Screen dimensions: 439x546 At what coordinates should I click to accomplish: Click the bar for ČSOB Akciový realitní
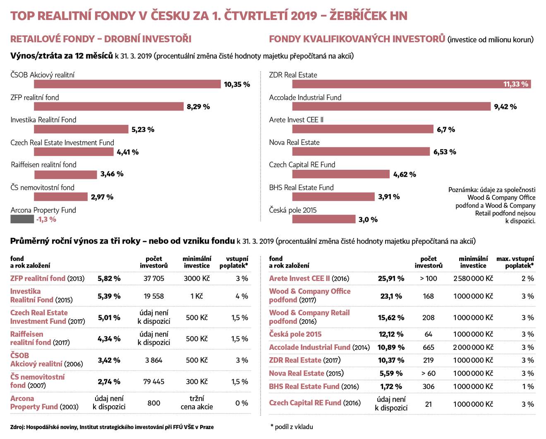point(127,84)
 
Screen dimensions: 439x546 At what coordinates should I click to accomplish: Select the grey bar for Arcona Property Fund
point(22,219)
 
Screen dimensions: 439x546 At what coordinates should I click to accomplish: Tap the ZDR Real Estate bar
point(411,84)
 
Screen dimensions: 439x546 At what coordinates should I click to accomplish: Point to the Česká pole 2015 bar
point(323,219)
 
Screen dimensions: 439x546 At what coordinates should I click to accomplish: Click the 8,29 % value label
point(198,107)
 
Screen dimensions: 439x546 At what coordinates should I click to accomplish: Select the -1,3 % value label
point(46,220)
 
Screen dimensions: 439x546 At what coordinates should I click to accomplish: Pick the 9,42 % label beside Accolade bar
point(505,107)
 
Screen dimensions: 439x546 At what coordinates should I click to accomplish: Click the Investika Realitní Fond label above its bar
point(43,120)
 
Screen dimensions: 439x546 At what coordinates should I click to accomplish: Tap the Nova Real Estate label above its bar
point(294,142)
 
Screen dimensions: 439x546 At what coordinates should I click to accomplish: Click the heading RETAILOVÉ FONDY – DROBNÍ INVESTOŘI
point(101,39)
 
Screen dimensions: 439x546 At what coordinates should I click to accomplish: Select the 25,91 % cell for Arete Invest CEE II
point(391,279)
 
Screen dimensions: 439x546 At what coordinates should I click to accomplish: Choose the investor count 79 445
point(153,382)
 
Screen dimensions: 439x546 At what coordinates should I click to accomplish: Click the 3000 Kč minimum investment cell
point(197,279)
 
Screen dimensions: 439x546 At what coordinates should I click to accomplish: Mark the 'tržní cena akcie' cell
point(197,403)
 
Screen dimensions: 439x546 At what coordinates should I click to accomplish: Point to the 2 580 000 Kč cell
point(473,279)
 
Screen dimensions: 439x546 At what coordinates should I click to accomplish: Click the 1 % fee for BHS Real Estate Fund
point(528,387)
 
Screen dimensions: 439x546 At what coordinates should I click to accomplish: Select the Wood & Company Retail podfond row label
point(309,317)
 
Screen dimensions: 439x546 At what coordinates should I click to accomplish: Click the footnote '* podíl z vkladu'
point(292,427)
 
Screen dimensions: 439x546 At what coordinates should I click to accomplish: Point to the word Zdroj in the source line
point(17,427)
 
